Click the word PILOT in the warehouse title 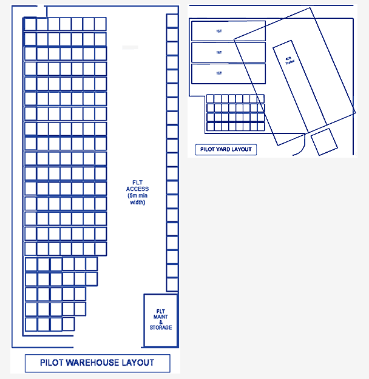[x=52, y=363]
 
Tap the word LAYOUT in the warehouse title [x=138, y=363]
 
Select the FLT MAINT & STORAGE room [x=160, y=320]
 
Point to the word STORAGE [x=161, y=327]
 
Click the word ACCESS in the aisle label [x=137, y=189]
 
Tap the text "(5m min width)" [x=137, y=199]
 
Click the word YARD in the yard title [x=225, y=149]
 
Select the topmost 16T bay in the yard [x=228, y=31]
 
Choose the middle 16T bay [x=228, y=52]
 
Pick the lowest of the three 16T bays [x=228, y=73]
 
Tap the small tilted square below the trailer [x=323, y=142]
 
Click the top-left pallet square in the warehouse [x=30, y=24]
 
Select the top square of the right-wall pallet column [x=172, y=21]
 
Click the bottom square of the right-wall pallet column [x=172, y=284]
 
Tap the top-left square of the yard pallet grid [x=211, y=99]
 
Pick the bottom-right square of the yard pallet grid [x=260, y=126]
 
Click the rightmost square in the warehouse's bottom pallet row [x=68, y=324]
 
